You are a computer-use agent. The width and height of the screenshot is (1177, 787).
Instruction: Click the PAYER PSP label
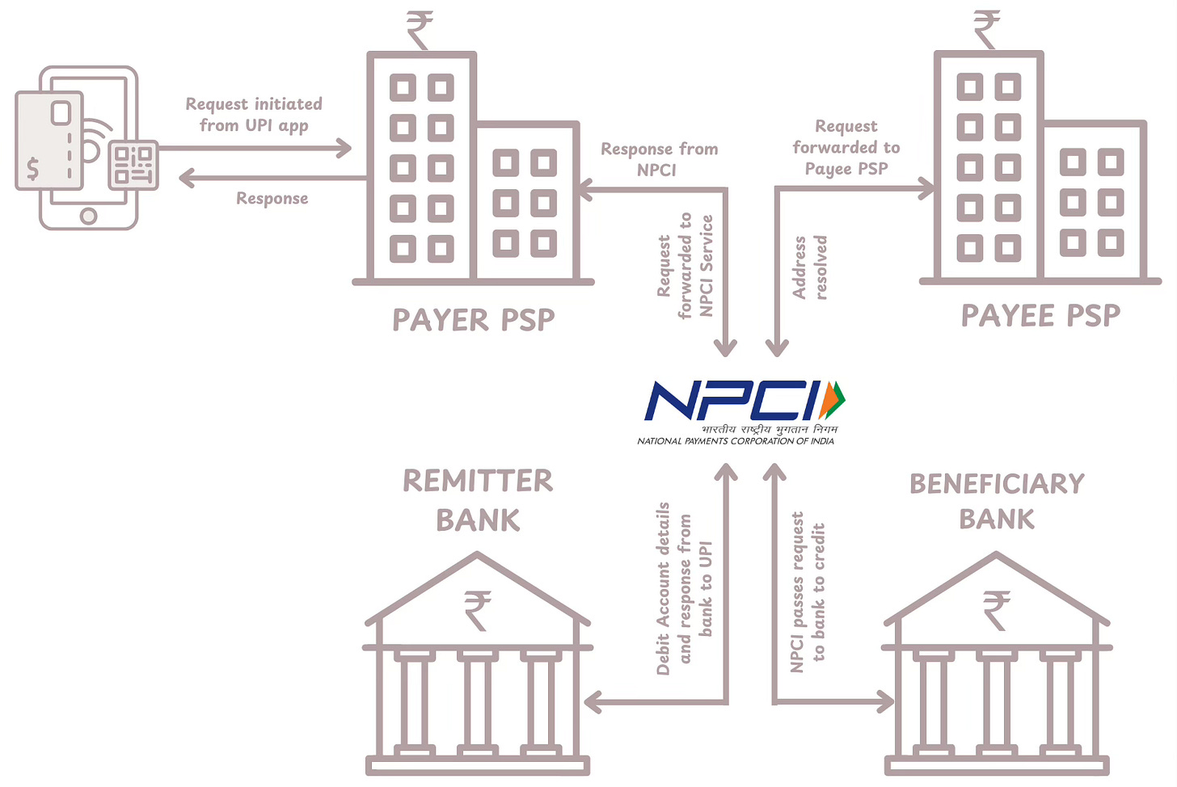point(474,320)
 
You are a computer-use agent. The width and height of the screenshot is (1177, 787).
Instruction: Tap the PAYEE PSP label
point(1040,316)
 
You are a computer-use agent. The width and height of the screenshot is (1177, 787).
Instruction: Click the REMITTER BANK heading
point(478,500)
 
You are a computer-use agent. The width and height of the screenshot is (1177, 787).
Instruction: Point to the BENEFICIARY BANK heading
point(997,501)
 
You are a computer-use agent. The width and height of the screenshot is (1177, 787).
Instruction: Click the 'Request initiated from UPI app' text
point(254,115)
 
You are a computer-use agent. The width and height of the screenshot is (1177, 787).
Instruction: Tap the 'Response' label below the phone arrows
point(272,199)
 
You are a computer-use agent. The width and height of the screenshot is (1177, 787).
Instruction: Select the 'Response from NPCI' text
point(659,159)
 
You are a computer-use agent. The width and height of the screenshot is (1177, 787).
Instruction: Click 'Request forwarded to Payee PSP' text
point(846,147)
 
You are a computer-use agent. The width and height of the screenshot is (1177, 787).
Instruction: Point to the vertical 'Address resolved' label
point(810,267)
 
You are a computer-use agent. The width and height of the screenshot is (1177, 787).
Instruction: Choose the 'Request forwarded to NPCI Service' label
point(685,266)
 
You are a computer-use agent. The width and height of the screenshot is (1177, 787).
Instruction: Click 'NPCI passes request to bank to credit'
point(808,591)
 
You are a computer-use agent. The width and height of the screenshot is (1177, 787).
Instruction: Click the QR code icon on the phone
point(133,165)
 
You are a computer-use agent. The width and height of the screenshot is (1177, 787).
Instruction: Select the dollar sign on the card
point(33,168)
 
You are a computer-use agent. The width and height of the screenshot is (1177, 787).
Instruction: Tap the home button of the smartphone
point(89,216)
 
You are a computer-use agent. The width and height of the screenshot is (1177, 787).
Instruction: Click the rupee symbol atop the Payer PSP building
point(420,29)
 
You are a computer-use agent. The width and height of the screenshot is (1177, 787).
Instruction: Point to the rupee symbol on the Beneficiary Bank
point(997,609)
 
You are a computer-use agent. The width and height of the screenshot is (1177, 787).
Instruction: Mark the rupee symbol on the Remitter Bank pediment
point(478,609)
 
